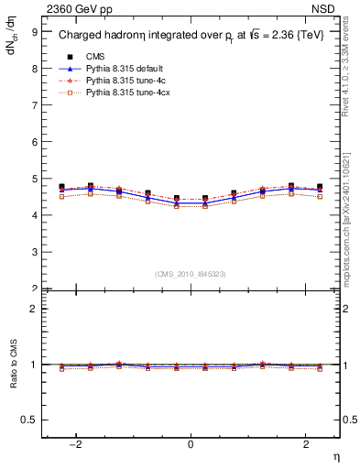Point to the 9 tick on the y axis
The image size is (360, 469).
click(34, 31)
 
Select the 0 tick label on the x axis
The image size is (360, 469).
click(191, 442)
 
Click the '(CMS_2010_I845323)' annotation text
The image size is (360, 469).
click(190, 274)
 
